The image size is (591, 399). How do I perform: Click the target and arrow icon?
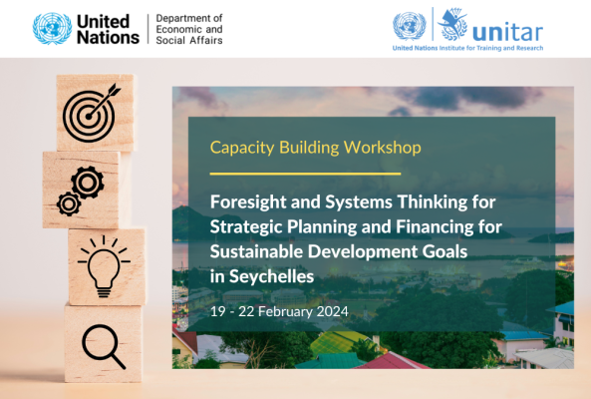91,113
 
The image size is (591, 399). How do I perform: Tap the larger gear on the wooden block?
88,183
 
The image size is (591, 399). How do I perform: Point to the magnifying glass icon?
104,346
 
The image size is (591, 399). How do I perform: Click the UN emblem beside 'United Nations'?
52,29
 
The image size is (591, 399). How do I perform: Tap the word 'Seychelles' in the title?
271,277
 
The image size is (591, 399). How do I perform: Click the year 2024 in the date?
332,312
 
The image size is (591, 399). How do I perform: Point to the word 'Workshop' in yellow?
382,147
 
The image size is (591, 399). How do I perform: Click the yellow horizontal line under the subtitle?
305,174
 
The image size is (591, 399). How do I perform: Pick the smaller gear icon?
68,204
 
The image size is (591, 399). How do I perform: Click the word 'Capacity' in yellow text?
242,148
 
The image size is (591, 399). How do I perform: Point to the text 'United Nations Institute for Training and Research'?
467,48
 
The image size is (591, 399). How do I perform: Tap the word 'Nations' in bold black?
109,37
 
